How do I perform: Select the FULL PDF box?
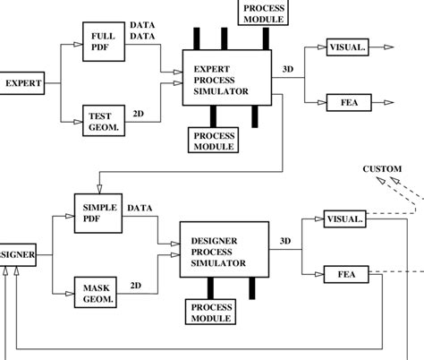[103, 41]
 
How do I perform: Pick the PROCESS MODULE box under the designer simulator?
[211, 312]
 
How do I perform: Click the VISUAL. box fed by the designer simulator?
[344, 218]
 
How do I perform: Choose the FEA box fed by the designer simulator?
[344, 273]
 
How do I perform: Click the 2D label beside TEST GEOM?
[139, 115]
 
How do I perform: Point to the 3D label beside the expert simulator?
[285, 67]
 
